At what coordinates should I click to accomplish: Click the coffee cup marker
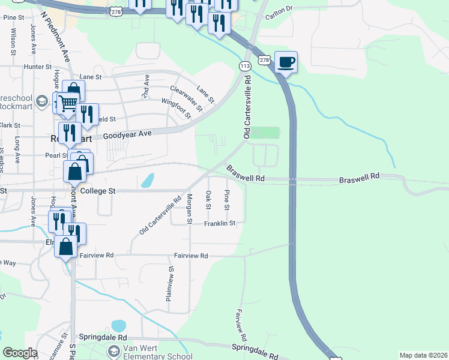tap(286, 61)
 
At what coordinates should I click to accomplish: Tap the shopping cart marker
tap(68, 103)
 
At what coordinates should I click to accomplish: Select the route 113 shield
tap(244, 65)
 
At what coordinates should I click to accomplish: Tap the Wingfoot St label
tap(176, 106)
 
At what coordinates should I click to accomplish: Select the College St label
tap(97, 191)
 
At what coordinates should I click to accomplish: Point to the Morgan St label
tap(189, 209)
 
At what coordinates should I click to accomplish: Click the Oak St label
tap(208, 200)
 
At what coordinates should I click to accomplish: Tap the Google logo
tap(20, 353)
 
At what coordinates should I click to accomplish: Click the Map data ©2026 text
tap(423, 355)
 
